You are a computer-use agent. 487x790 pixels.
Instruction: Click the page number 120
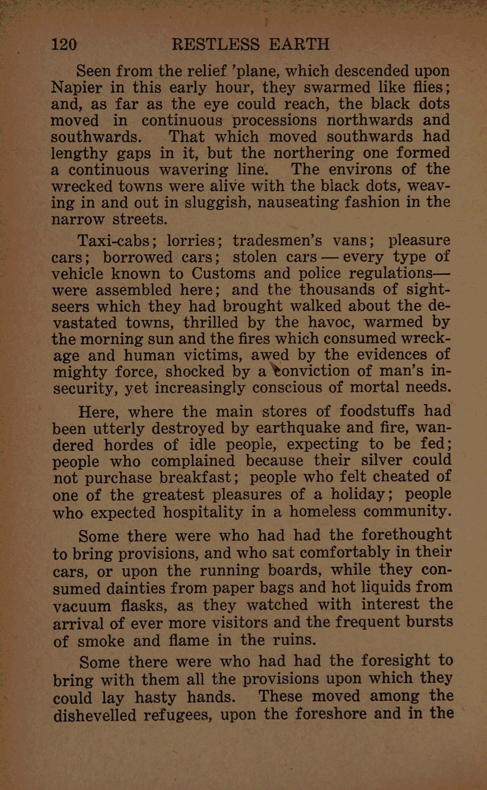64,44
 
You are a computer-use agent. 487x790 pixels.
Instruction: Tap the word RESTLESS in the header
216,44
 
